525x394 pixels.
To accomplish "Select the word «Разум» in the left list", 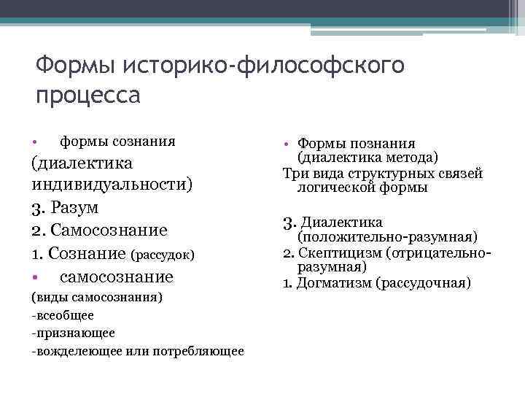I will tap(75, 207).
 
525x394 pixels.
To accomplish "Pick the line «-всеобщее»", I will tap(63, 315).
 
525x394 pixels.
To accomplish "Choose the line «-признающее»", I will tap(73, 332).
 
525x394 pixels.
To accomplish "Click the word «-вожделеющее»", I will tap(76, 350).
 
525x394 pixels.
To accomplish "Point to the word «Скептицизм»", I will tap(342, 253).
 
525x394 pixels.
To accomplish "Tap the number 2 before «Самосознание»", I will tap(36, 231).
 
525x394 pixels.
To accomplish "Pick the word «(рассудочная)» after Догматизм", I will tap(423, 282).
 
